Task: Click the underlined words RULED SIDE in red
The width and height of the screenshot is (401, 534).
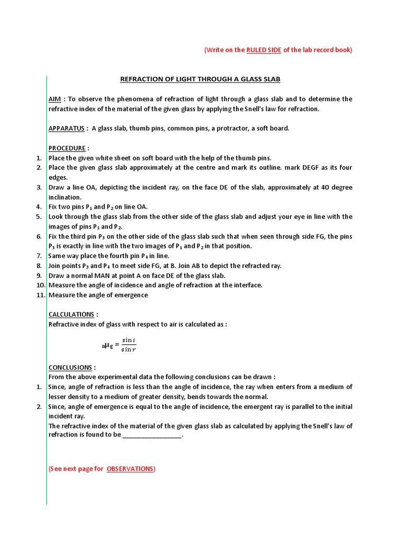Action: click(264, 50)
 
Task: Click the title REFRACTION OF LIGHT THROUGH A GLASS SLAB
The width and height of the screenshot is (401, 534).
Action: click(200, 79)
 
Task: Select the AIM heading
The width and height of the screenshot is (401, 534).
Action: click(55, 99)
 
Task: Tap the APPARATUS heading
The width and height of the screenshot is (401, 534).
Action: click(67, 128)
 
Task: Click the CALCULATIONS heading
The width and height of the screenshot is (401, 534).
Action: click(72, 314)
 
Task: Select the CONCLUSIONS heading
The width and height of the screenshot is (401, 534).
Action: click(70, 367)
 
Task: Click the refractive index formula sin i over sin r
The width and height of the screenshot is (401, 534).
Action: click(128, 345)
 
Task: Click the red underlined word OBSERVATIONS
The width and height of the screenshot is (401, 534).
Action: click(130, 469)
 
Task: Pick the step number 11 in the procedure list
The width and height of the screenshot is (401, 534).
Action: click(41, 295)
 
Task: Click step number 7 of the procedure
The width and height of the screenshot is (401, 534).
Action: click(39, 256)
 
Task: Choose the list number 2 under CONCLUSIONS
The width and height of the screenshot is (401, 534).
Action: click(39, 407)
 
